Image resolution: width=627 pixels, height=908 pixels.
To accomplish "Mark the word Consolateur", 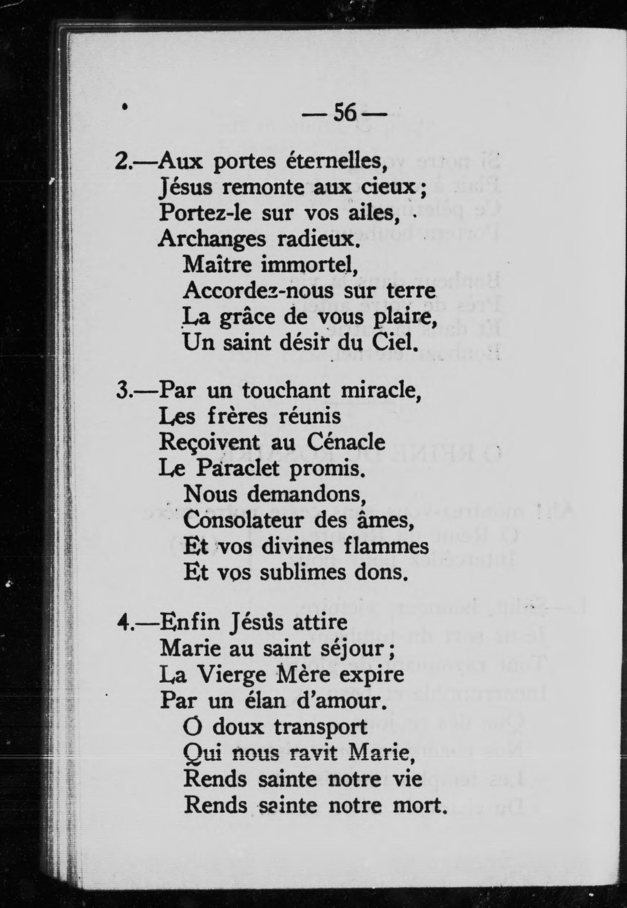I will (x=244, y=521).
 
